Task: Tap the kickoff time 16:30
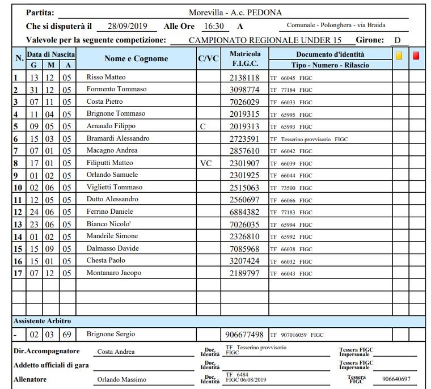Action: click(213, 26)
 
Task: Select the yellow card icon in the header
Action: click(399, 56)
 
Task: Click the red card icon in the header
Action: click(416, 56)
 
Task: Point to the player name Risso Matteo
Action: click(106, 77)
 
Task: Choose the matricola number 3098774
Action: click(244, 90)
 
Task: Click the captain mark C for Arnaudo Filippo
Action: click(203, 126)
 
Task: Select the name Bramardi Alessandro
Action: click(118, 138)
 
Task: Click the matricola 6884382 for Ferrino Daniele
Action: click(244, 212)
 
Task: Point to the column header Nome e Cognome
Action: click(136, 59)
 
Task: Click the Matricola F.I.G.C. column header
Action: click(245, 59)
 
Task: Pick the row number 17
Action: click(18, 273)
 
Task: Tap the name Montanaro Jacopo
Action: click(114, 273)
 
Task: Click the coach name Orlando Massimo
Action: click(122, 379)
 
